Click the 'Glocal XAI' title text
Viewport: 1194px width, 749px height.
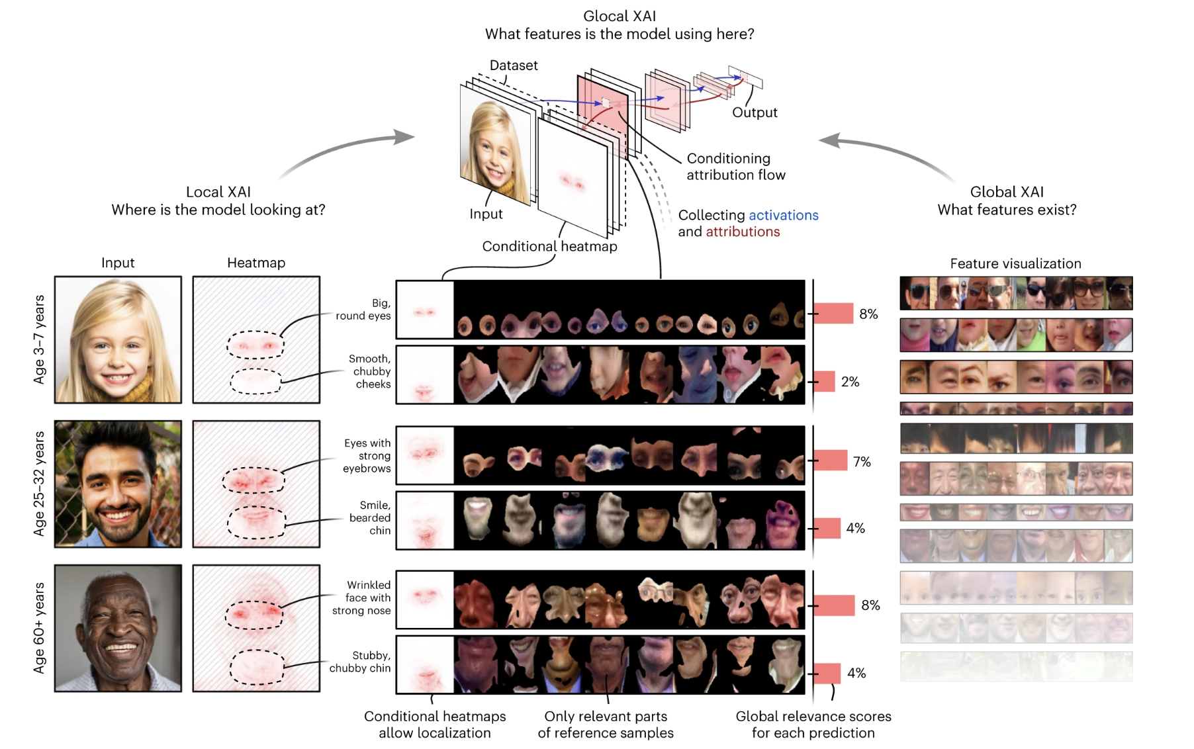click(619, 16)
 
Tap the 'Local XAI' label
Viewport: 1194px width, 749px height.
click(218, 192)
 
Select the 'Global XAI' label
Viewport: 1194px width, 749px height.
click(1006, 192)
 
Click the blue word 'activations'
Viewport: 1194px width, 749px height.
click(783, 215)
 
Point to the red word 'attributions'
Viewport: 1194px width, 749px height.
click(743, 232)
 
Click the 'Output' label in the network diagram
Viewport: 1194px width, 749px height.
click(755, 112)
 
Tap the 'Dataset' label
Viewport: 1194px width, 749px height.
click(514, 66)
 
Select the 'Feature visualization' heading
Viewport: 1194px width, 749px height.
click(1015, 263)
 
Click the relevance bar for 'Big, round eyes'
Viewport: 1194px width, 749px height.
click(833, 314)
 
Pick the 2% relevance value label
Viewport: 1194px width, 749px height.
click(850, 382)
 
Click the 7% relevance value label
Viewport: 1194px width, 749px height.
click(862, 462)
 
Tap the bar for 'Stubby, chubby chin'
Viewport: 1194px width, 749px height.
click(827, 673)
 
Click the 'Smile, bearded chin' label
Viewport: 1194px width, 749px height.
click(370, 517)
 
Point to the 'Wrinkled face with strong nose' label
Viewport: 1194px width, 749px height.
click(362, 597)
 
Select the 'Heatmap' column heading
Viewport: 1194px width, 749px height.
click(256, 263)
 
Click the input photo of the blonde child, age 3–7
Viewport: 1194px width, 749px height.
click(118, 339)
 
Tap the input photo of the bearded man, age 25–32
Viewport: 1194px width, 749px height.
click(118, 484)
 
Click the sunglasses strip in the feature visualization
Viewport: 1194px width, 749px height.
click(1015, 293)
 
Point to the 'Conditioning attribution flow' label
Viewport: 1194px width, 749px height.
click(735, 167)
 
